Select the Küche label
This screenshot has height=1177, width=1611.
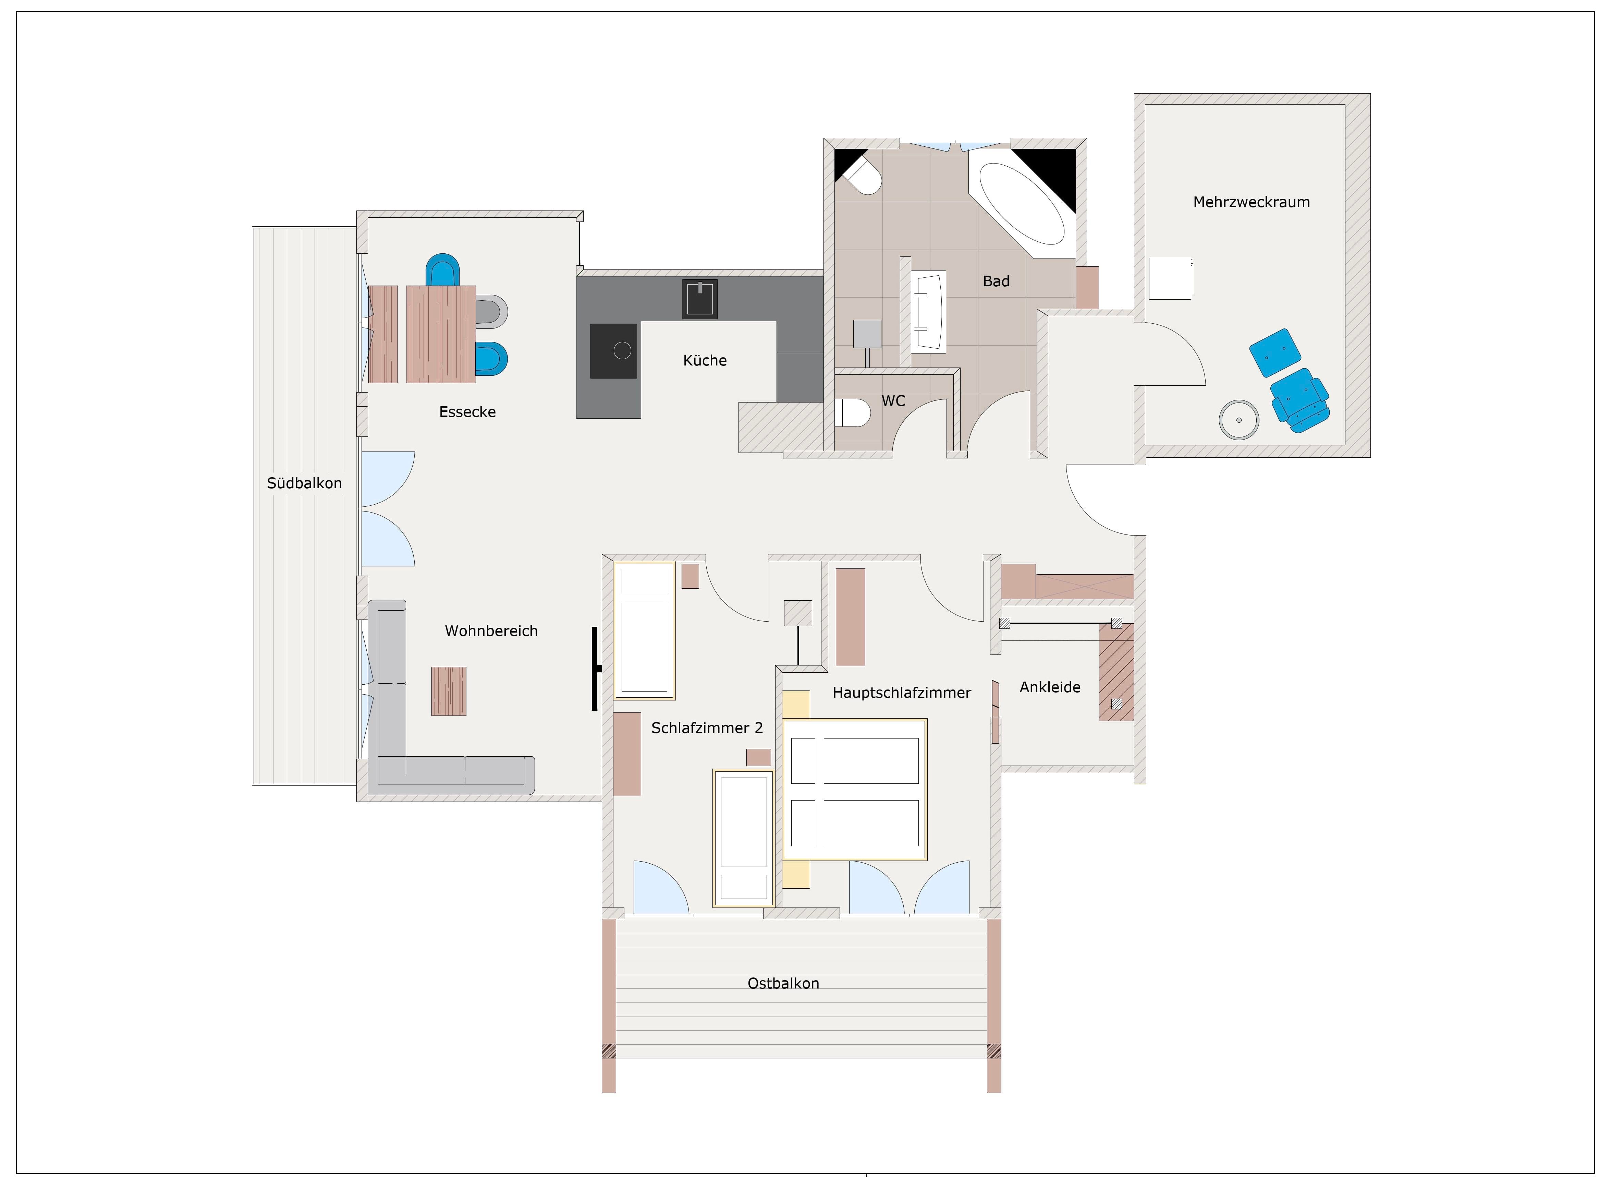click(x=705, y=361)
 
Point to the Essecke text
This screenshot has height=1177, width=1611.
click(x=467, y=412)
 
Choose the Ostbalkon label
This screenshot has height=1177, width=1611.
click(x=783, y=983)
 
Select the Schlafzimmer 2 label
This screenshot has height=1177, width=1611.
click(x=707, y=728)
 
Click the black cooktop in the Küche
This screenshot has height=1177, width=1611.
click(x=614, y=350)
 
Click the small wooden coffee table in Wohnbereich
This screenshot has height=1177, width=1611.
click(x=449, y=691)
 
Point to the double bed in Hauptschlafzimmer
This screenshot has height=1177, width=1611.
click(x=855, y=790)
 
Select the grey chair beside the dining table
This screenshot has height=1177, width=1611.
click(x=491, y=311)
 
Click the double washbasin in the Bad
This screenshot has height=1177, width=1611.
click(x=928, y=311)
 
